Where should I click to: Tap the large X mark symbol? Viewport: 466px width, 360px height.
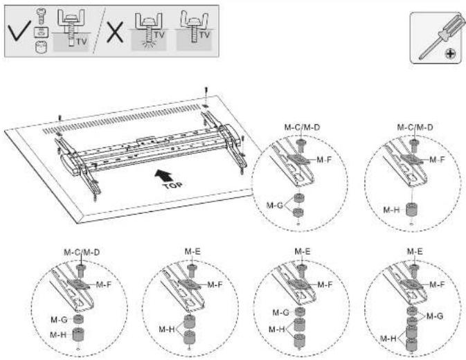point(115,32)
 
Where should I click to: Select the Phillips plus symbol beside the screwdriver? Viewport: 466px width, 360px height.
point(450,54)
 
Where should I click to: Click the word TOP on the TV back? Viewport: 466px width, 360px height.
point(172,186)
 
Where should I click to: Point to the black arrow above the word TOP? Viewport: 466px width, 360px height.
point(163,175)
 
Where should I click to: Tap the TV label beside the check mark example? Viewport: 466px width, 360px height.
point(81,42)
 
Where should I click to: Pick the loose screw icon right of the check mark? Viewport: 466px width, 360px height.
point(41,17)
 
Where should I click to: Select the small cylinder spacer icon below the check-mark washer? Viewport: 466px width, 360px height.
point(41,47)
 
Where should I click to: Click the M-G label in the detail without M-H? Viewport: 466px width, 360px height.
point(275,205)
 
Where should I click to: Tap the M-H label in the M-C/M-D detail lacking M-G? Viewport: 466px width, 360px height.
point(391,210)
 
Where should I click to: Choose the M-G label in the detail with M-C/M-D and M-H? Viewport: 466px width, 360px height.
point(59,320)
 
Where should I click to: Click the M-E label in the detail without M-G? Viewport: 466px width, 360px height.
point(192,251)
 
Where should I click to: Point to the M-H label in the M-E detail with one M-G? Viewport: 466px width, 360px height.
point(277,330)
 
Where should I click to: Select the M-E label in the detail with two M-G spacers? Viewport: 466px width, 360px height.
point(415,251)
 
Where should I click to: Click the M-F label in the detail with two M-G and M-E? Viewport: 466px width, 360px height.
point(437,285)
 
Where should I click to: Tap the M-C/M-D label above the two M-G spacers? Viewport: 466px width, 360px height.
point(303,127)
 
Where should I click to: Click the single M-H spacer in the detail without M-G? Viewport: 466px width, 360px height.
point(412,209)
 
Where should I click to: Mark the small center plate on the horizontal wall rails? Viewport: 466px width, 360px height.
point(145,141)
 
